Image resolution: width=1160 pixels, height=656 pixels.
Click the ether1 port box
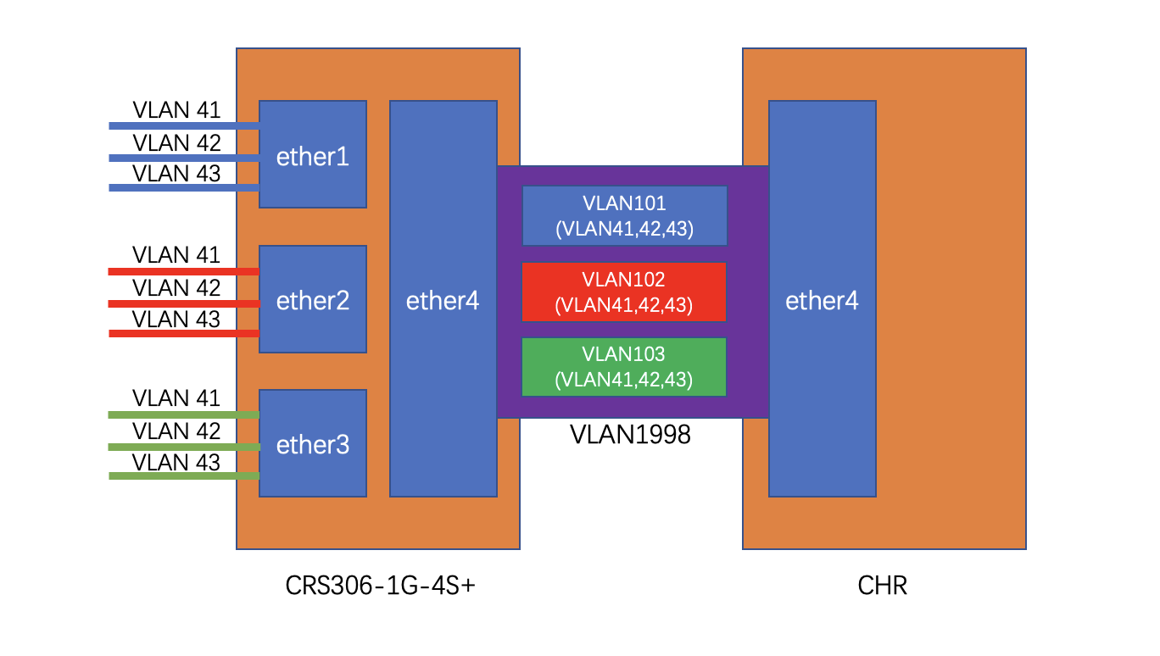point(312,154)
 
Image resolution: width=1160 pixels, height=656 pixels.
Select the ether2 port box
point(312,299)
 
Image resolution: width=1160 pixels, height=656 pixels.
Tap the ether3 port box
point(312,443)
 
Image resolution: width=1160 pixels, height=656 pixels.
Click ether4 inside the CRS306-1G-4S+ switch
point(443,299)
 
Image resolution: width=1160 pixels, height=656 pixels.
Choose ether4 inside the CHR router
point(822,299)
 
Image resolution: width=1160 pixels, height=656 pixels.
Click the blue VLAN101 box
point(624,215)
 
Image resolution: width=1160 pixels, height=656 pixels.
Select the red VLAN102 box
point(623,292)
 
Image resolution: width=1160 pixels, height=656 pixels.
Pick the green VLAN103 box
point(623,366)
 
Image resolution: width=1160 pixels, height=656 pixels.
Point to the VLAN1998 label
point(630,435)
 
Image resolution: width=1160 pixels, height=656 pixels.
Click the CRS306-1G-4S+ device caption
point(380,585)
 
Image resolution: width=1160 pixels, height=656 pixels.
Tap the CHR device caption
point(882,585)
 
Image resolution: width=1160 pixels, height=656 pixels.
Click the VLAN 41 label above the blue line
point(176,110)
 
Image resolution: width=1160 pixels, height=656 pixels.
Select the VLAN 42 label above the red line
point(176,287)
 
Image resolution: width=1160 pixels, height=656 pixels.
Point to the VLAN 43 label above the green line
point(176,462)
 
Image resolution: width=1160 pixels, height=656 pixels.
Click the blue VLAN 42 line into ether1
point(183,158)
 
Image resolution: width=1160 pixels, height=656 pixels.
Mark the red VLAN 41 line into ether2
point(183,271)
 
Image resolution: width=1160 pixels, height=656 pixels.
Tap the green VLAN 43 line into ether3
point(183,476)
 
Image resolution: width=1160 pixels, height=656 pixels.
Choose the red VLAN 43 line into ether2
point(183,334)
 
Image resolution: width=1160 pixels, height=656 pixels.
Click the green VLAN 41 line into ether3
point(183,414)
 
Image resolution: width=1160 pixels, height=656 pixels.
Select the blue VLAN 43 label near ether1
point(176,173)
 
